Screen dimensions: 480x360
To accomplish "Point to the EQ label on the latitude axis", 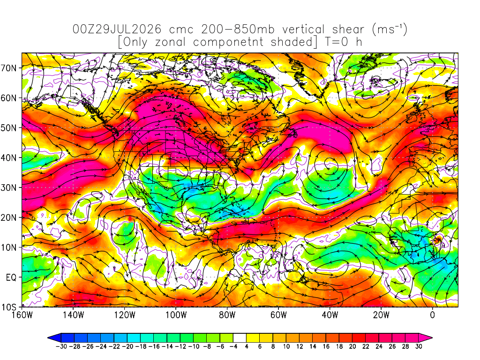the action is pos(11,277).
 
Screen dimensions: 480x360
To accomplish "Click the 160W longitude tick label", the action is pos(22,315).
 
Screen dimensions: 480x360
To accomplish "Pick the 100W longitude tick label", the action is pos(176,315).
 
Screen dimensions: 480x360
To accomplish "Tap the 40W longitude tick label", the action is pos(330,315).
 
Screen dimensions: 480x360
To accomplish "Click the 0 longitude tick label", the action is pos(433,315).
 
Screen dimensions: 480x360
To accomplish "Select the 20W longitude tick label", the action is pos(381,315).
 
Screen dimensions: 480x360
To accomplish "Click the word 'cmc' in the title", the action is pos(181,30).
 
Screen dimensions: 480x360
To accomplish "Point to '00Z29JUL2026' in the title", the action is pos(117,30).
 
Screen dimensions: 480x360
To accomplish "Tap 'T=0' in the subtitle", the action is pos(337,42).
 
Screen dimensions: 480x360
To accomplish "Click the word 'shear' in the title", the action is pos(348,30).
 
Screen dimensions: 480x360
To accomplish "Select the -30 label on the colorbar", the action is pos(61,346).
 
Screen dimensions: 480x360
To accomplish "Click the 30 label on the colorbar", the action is pos(419,346).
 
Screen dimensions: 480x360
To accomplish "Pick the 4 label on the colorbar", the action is pos(247,346).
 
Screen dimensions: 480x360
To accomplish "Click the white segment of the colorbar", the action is pos(240,338).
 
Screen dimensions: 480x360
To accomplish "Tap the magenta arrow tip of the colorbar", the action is pos(426,338).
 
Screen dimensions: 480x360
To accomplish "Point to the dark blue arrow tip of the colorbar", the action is pos(54,338).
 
